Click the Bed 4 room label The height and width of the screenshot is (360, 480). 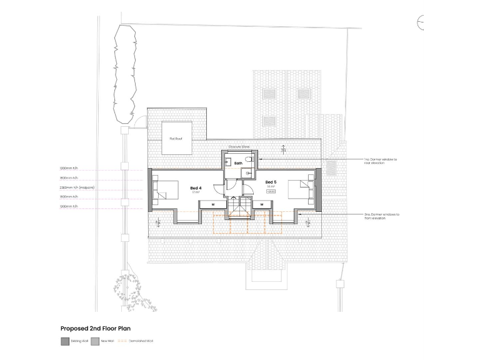[x=196, y=187]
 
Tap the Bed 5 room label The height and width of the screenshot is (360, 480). [x=271, y=182]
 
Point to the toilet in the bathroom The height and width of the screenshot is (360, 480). [x=249, y=161]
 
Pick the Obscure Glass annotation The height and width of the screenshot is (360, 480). [x=239, y=147]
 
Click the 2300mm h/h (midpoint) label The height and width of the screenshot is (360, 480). [x=77, y=187]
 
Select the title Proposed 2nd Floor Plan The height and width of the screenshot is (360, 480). [x=95, y=327]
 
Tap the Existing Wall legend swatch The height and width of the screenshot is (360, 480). [x=65, y=341]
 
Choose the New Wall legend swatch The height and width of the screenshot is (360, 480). [x=95, y=341]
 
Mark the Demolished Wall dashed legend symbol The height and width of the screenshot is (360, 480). [x=122, y=341]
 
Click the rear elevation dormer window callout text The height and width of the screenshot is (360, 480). [x=380, y=162]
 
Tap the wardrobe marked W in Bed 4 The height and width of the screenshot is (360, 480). [x=212, y=204]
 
